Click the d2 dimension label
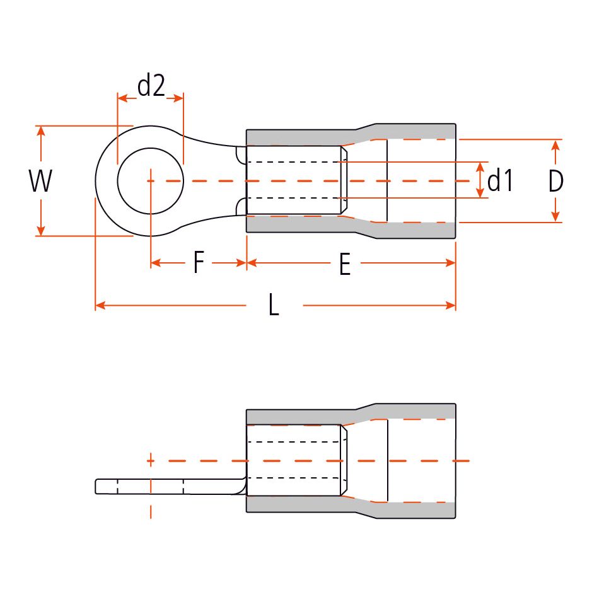151,86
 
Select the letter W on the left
40,182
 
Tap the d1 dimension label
501,181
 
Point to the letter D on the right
555,182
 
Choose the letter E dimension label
344,265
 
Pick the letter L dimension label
274,306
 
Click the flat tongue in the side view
164,487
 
